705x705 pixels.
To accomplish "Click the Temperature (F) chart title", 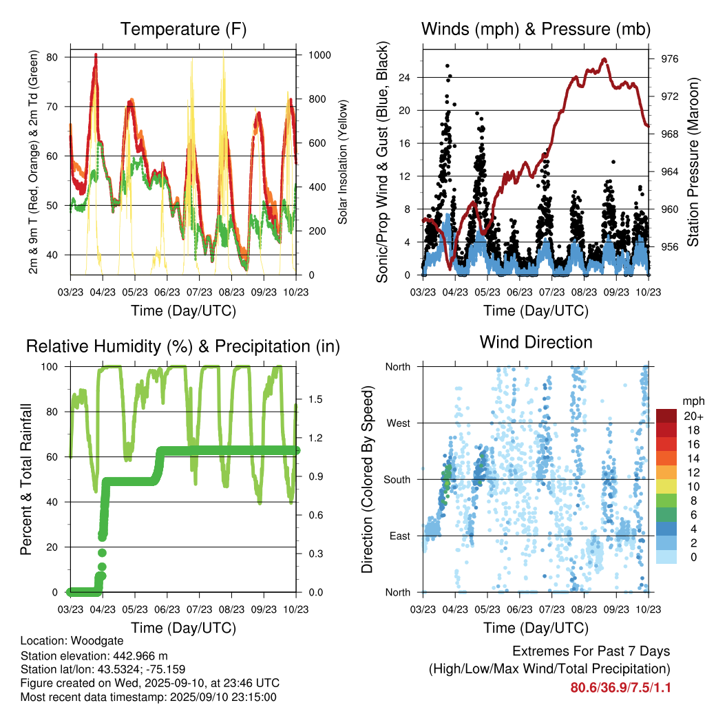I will (182, 29).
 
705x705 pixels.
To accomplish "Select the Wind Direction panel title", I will (536, 341).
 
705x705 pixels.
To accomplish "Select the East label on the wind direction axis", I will (398, 536).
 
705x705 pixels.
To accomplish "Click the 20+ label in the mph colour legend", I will (691, 416).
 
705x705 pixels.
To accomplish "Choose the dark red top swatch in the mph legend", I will (666, 416).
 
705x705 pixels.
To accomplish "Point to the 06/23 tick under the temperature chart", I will (167, 293).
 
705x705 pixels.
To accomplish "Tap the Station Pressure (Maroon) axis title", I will (693, 166).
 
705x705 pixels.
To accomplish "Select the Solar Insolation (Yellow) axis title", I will (342, 162).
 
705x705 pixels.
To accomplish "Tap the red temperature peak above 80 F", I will (96, 54).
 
